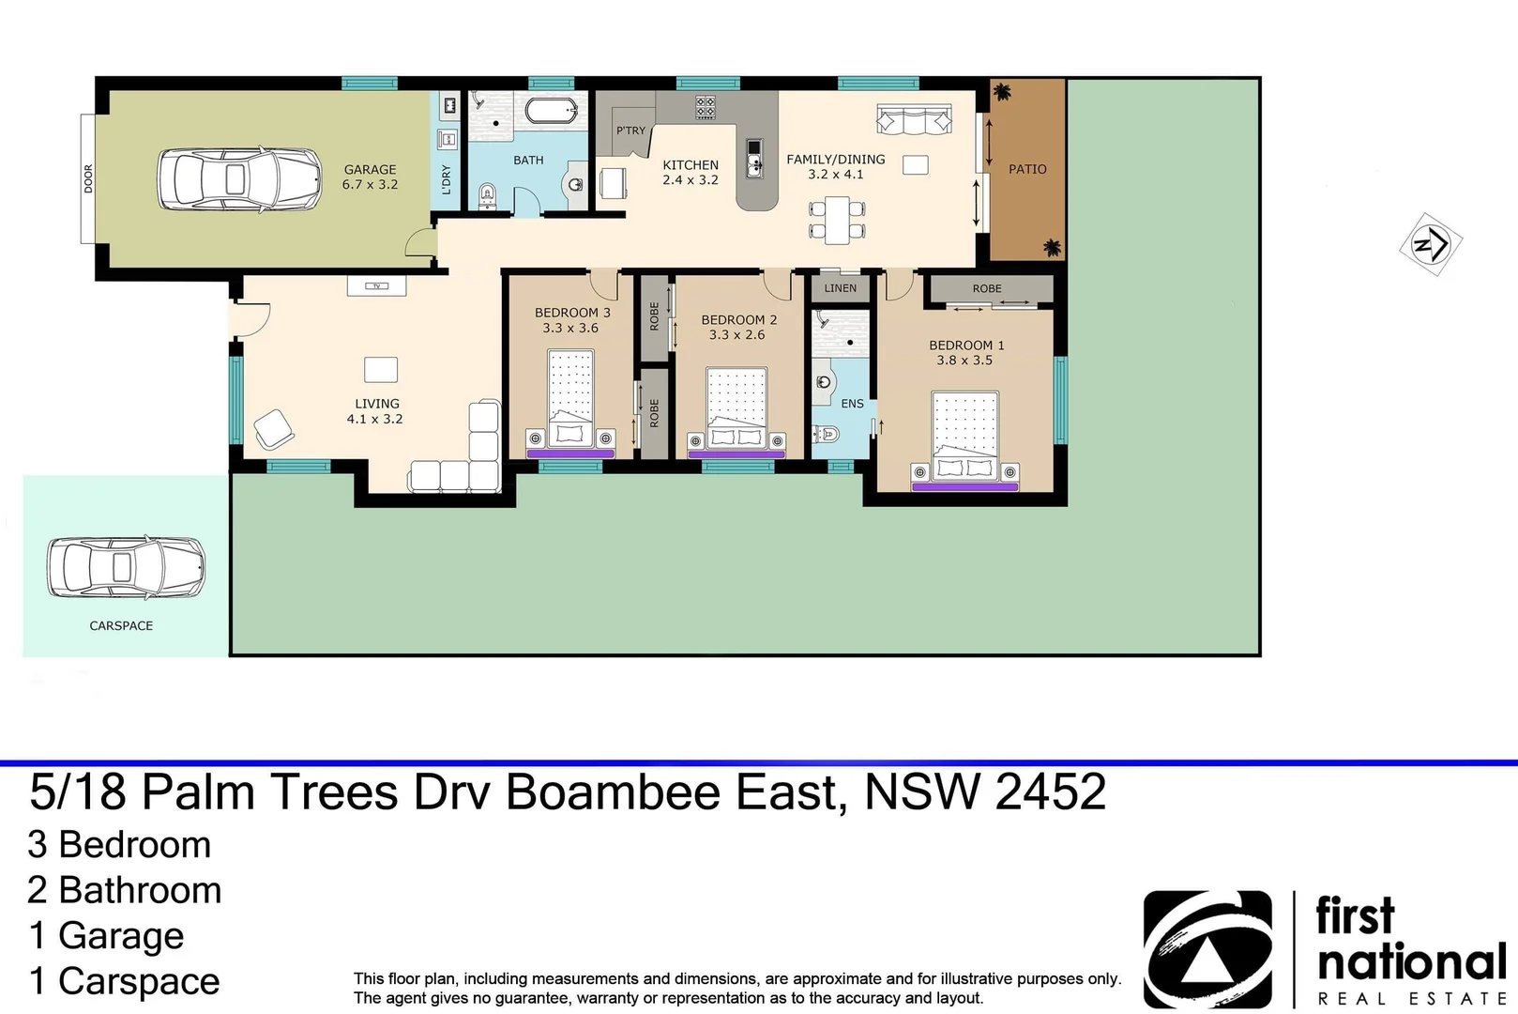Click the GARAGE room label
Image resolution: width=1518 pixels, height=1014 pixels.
pos(370,170)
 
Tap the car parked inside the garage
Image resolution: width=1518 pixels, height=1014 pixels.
pos(239,178)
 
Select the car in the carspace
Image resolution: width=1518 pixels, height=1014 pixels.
pos(126,567)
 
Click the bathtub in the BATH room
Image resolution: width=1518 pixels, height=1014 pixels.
pos(551,111)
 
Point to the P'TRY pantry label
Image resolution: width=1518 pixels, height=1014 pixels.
pos(630,131)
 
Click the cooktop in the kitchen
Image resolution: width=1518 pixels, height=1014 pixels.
pos(706,107)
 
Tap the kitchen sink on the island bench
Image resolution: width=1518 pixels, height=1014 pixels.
pos(754,159)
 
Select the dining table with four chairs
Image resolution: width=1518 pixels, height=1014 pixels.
pos(837,220)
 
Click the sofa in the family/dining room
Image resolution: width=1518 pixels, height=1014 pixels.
pos(914,120)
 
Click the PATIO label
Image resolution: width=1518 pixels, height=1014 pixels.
pos(1027,169)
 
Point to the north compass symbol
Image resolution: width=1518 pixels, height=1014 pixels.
pos(1431,245)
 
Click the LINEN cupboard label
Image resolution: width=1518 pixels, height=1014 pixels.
pos(840,288)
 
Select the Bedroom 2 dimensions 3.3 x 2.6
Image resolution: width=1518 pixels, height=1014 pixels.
pos(736,334)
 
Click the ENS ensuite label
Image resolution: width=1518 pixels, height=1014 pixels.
pos(852,404)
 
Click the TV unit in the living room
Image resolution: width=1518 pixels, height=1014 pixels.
pos(376,285)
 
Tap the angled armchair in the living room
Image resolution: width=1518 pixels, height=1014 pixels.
pos(274,429)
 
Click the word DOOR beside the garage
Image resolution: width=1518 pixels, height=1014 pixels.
pos(88,178)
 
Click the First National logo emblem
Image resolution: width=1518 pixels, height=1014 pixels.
pos(1207,948)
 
